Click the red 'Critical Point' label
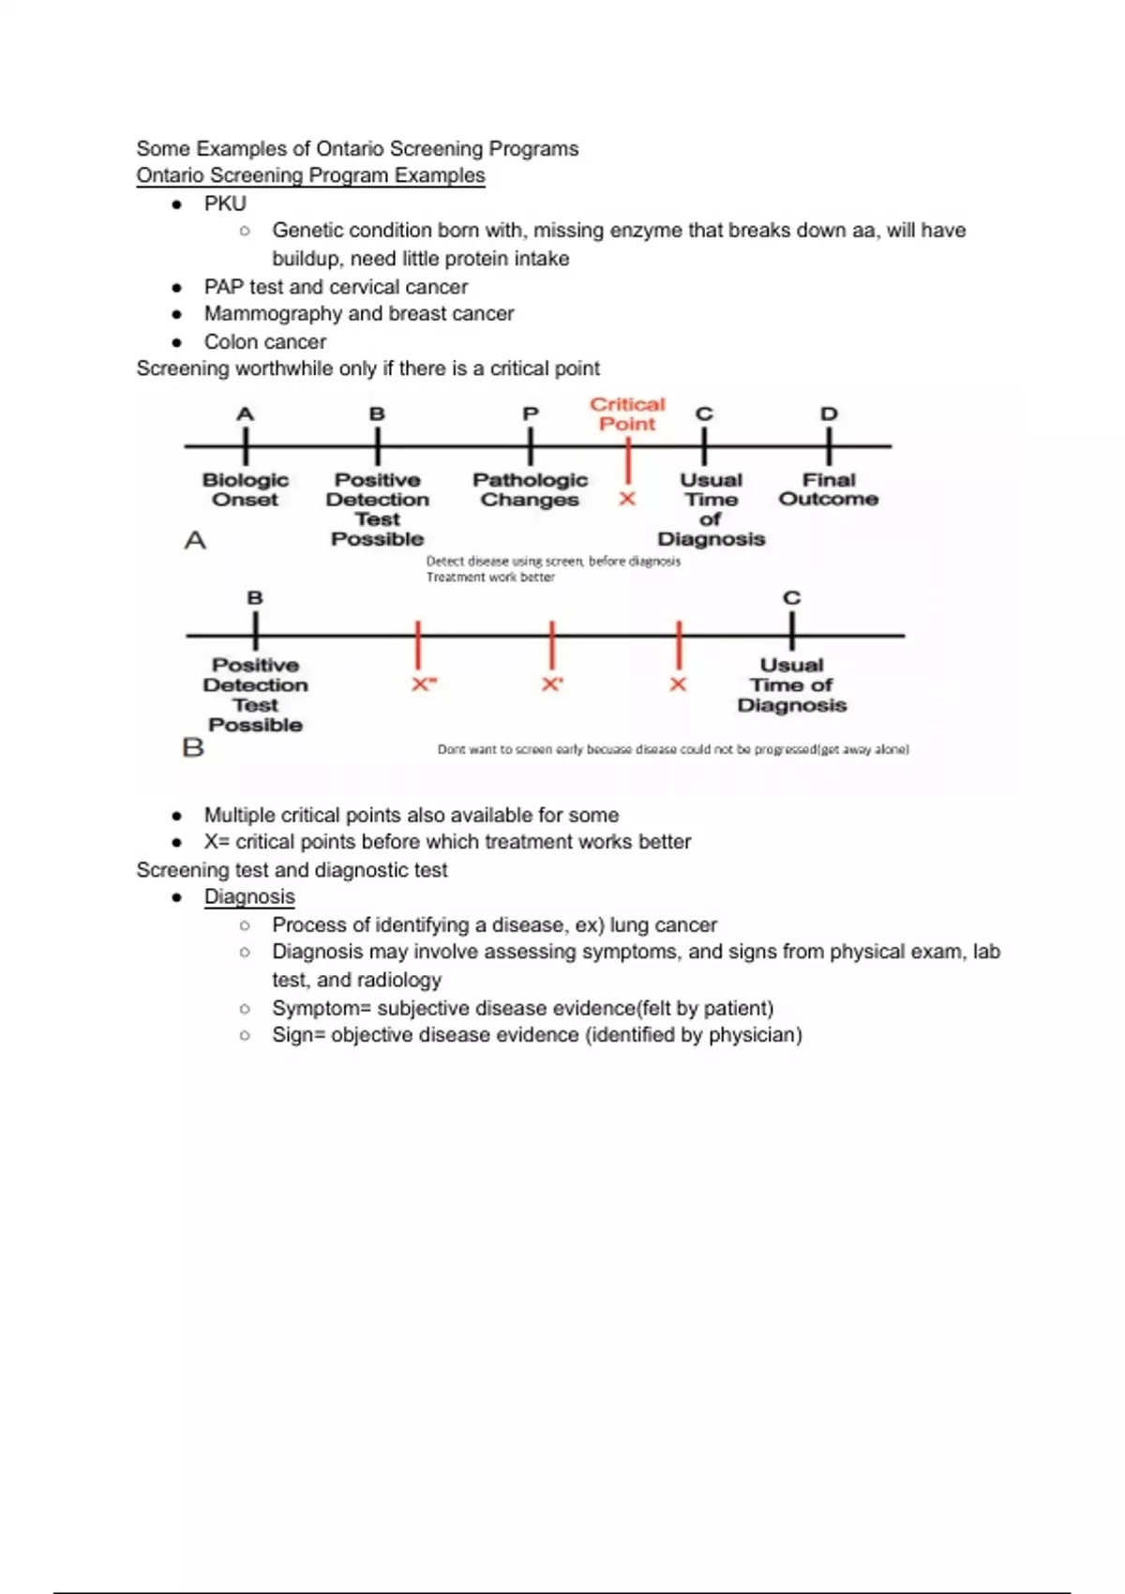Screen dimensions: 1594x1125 (627, 414)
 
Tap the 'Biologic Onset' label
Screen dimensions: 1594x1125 (245, 489)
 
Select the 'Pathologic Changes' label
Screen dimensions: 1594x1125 (530, 489)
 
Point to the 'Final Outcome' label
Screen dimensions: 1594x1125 (829, 489)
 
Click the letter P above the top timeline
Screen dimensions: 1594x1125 (531, 414)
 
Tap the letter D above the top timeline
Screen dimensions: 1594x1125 (829, 414)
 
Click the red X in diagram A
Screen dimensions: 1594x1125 (627, 499)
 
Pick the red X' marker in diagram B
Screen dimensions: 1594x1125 (552, 684)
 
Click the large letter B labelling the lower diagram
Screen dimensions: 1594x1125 (193, 747)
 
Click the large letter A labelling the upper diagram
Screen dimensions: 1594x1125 (195, 540)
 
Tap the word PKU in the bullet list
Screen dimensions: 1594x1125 (225, 203)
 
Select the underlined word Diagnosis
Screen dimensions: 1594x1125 (249, 896)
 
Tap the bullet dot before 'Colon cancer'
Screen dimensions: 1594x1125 (176, 342)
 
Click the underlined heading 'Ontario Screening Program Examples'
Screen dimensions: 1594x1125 (310, 175)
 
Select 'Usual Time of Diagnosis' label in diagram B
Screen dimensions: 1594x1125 (791, 684)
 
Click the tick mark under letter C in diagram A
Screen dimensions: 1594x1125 (704, 446)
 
